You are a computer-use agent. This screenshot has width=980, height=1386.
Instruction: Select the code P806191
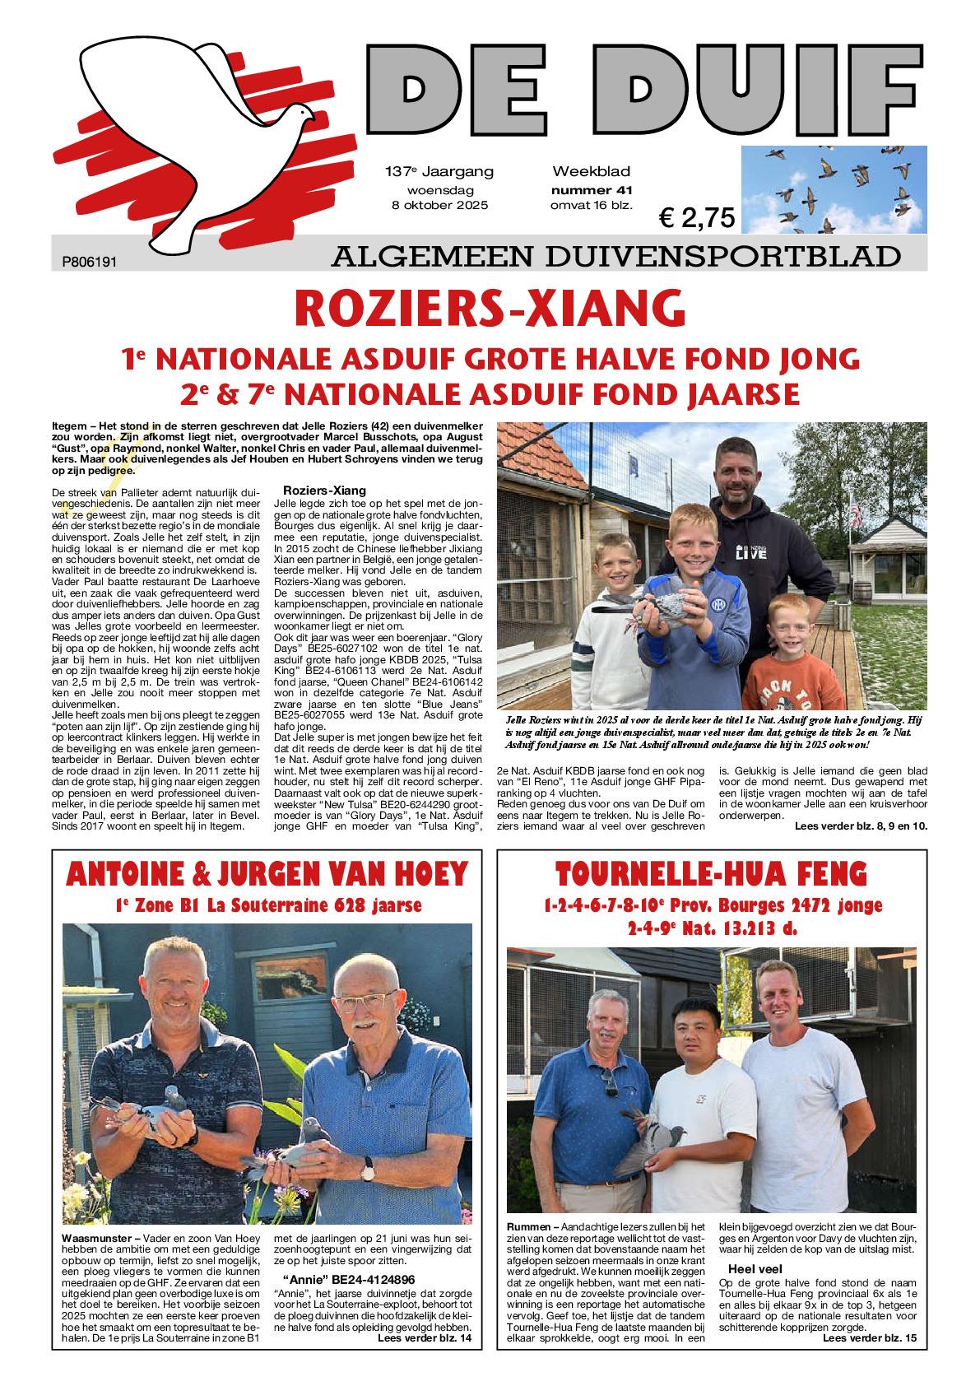[91, 262]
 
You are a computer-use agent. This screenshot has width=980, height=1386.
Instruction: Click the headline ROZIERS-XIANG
[490, 309]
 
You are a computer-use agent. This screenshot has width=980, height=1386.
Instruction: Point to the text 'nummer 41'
[591, 189]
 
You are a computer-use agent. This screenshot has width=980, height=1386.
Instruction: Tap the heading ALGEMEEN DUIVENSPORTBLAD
[615, 258]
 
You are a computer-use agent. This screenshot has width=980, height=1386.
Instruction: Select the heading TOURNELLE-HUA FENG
[713, 872]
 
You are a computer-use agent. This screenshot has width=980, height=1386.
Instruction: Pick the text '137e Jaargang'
[439, 172]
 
